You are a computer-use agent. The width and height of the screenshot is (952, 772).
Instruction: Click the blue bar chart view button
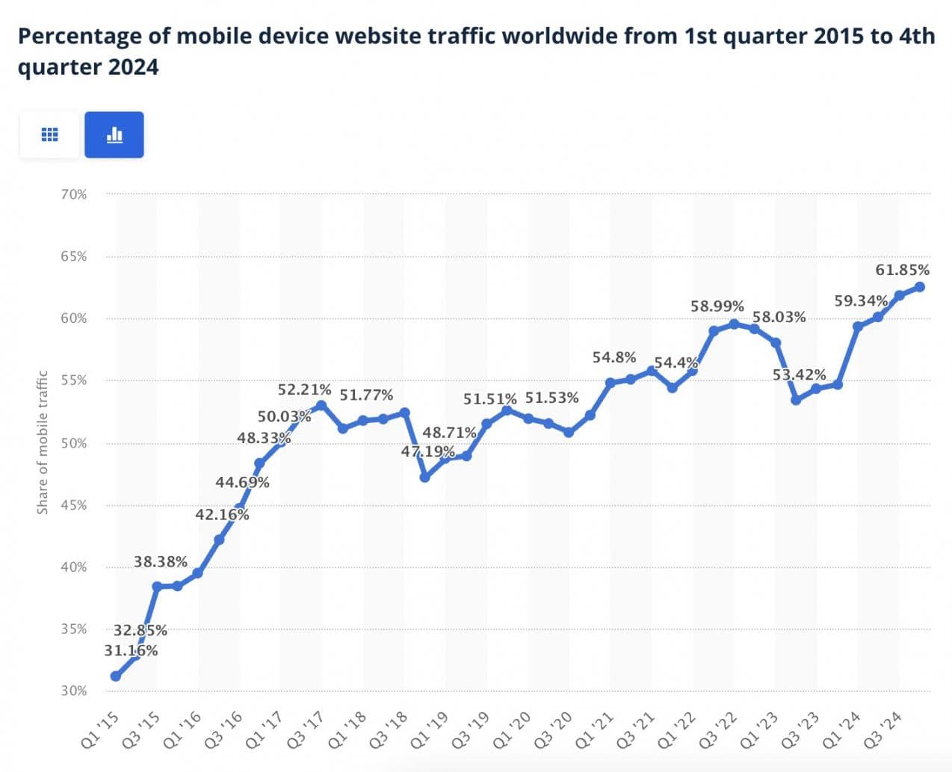[x=114, y=135]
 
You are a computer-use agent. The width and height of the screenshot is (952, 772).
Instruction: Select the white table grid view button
[x=49, y=135]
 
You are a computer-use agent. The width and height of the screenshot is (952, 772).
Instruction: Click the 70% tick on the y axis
[x=74, y=194]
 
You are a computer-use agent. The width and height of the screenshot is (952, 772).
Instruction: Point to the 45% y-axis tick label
[x=74, y=505]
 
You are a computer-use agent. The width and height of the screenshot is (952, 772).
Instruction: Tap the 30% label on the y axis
[x=74, y=691]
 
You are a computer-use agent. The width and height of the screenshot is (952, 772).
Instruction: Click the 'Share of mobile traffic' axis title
[x=43, y=442]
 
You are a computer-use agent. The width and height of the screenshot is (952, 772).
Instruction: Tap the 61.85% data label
[x=903, y=270]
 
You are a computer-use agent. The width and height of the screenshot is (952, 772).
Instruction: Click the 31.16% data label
[x=131, y=651]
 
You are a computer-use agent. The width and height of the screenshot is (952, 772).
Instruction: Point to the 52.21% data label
[x=304, y=389]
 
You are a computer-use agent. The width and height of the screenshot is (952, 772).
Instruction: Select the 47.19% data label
[x=427, y=451]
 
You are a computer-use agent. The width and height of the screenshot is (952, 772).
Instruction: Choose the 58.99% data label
[x=717, y=306]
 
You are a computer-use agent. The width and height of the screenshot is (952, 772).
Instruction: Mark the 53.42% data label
[x=800, y=374]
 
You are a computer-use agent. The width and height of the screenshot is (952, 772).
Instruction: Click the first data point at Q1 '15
[x=116, y=676]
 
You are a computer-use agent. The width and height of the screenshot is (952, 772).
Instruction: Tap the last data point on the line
[x=920, y=287]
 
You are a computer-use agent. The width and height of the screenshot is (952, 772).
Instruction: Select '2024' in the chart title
[x=134, y=67]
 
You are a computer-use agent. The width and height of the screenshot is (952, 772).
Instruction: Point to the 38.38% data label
[x=161, y=562]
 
